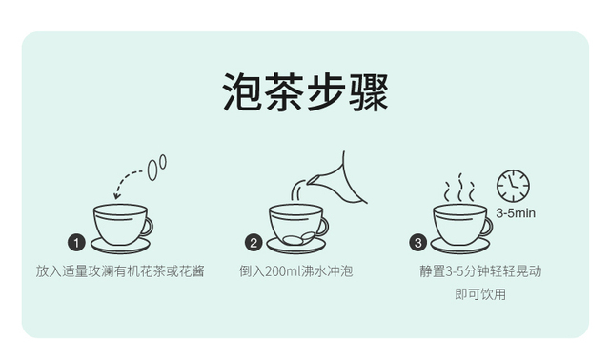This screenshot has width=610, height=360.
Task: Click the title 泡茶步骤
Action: coord(305,92)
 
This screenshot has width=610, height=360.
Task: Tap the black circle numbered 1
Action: coord(76,243)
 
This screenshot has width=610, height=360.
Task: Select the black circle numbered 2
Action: coord(254,243)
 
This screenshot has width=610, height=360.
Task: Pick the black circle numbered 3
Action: coord(417,243)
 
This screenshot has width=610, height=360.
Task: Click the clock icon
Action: coord(513,186)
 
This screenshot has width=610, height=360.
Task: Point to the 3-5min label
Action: coord(516,213)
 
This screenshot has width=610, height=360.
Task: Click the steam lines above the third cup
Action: coord(460,188)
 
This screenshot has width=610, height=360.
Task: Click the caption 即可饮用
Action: coord(480,294)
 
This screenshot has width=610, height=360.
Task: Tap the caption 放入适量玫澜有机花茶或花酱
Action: coord(120,271)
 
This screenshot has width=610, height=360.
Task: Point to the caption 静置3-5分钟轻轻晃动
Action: coord(480,271)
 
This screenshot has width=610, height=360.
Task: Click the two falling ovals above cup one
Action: coord(156,168)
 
